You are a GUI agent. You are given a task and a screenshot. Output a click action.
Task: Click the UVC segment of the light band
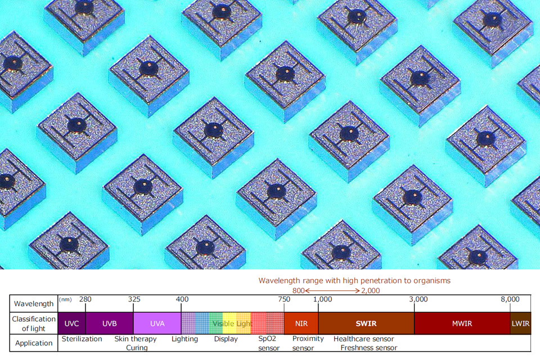[x=71, y=323]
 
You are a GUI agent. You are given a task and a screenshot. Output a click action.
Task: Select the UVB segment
[x=109, y=323]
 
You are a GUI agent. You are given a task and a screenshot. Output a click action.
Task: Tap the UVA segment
[x=157, y=323]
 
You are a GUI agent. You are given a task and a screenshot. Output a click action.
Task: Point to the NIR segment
[x=301, y=323]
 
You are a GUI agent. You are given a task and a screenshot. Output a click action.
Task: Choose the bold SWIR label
[x=366, y=323]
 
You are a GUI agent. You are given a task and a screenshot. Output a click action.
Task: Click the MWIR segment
[x=462, y=323]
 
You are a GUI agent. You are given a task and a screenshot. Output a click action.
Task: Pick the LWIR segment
[x=520, y=323]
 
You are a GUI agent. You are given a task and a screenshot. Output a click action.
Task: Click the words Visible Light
[x=231, y=323]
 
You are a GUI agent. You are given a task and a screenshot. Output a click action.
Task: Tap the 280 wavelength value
[x=85, y=299]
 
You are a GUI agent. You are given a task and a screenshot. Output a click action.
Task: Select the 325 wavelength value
[x=134, y=299]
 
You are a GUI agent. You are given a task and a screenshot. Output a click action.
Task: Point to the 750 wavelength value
[x=283, y=299]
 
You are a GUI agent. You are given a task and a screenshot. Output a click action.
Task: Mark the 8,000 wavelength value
[x=510, y=299]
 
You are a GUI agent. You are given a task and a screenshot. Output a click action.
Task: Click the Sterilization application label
[x=82, y=339]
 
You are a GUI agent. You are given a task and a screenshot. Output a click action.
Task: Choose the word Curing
[x=137, y=348]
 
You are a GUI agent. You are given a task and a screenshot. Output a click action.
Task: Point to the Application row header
[x=34, y=343]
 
